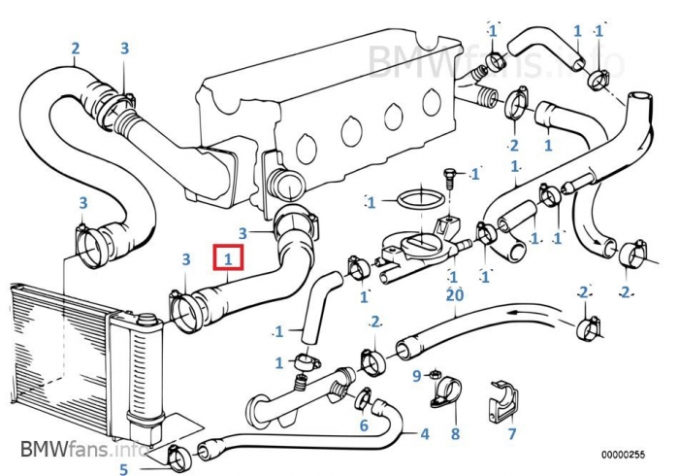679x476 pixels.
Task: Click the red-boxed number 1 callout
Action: tap(228, 259)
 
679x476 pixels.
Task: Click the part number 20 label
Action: tap(454, 293)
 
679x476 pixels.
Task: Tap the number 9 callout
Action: tap(416, 374)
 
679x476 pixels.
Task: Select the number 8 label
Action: tap(454, 435)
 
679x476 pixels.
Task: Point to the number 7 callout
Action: tap(512, 433)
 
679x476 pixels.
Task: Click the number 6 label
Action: tap(364, 425)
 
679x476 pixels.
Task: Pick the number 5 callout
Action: tap(124, 470)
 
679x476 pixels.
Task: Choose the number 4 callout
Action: tap(424, 433)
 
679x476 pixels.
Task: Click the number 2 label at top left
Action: tap(75, 47)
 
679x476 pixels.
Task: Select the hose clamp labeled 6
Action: tap(363, 397)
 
